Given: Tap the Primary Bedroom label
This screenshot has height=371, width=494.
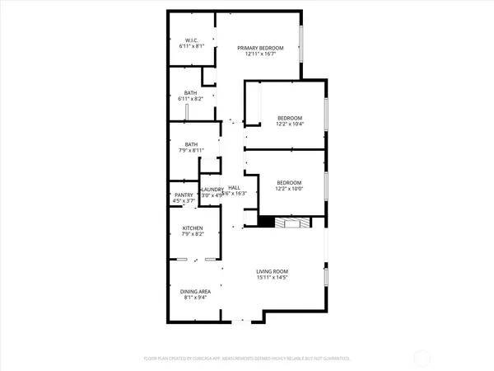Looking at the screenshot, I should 260,49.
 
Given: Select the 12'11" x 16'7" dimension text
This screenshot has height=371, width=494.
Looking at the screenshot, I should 260,55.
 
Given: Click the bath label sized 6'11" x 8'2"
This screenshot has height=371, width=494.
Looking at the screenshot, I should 190,92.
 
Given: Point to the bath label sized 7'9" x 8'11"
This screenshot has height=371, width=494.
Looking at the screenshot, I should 191,144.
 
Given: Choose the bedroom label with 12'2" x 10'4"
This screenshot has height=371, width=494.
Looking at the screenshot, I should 289,118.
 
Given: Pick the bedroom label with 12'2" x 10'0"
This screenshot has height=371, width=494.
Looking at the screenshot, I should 289,182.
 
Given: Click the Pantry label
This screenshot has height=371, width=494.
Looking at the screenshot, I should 183,195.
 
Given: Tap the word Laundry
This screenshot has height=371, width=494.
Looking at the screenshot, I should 212,190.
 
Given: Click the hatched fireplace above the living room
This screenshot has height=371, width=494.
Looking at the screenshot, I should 291,222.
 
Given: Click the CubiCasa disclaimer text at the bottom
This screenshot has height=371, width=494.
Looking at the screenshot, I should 247,359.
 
